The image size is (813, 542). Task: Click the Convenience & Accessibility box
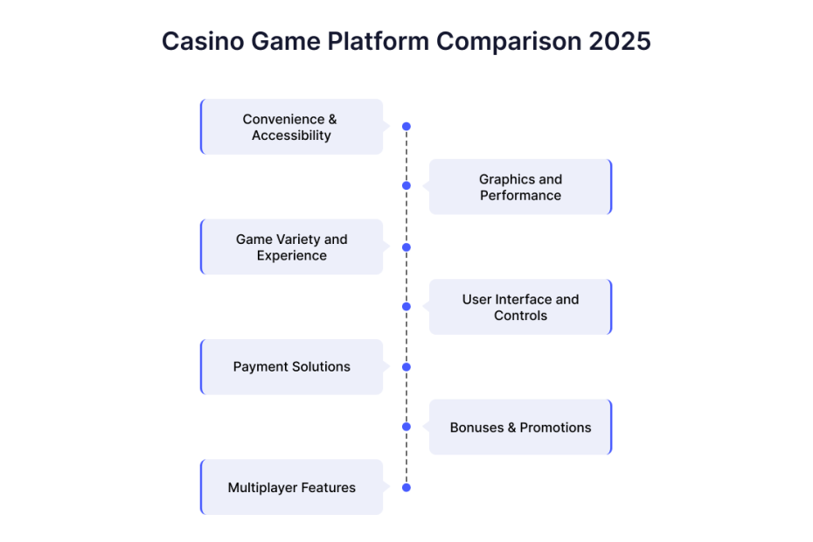pos(291,127)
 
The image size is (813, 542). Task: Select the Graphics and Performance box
pos(520,187)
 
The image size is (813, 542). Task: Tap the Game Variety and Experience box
pos(291,247)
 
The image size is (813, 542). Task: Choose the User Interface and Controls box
pos(520,307)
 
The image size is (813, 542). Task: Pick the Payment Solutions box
pos(291,366)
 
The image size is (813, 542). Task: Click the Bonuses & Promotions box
pos(520,427)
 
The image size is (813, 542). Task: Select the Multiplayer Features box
pos(291,487)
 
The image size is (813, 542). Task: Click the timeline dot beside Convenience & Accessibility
pos(406,127)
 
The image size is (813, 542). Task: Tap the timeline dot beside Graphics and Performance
pos(406,185)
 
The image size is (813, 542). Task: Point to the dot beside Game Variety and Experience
pos(406,247)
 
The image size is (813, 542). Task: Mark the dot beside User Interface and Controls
pos(406,307)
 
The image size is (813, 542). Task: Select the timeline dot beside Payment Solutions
pos(406,367)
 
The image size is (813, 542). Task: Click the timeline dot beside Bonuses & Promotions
pos(406,427)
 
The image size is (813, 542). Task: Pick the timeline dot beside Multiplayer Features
pos(406,488)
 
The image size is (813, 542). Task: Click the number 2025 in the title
pos(620,41)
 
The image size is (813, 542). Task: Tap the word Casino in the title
pos(203,41)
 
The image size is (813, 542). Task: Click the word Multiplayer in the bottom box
pos(262,488)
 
